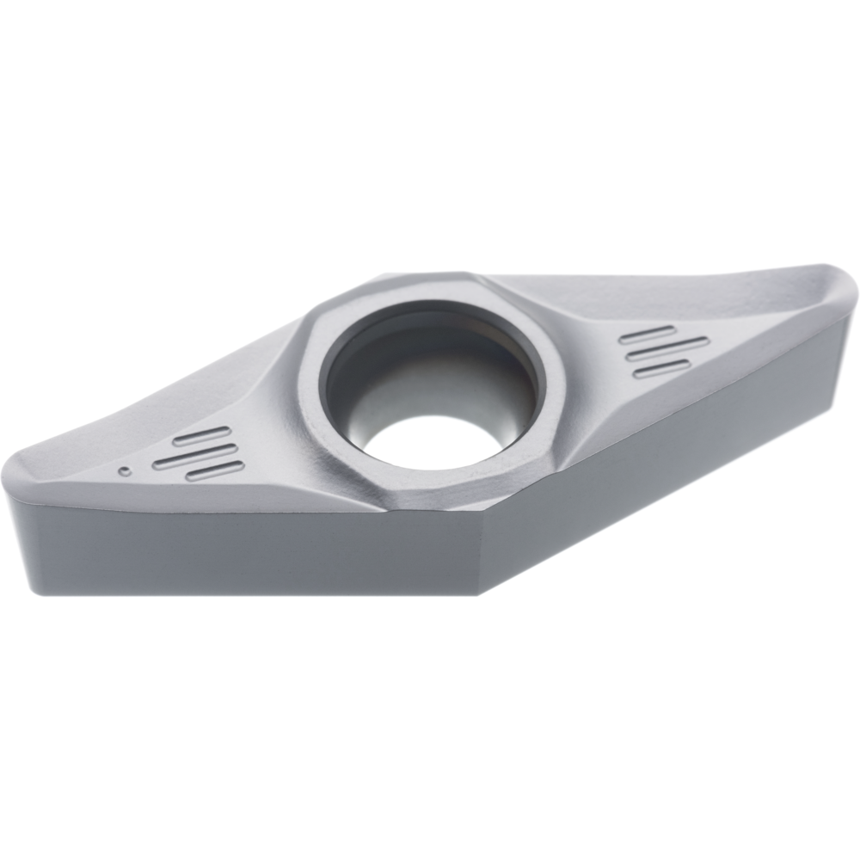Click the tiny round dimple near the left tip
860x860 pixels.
click(x=126, y=470)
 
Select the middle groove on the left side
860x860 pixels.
click(x=193, y=453)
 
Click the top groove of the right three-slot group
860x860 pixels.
click(x=648, y=335)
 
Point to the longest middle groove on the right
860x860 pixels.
click(x=667, y=350)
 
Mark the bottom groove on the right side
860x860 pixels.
click(x=661, y=368)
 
